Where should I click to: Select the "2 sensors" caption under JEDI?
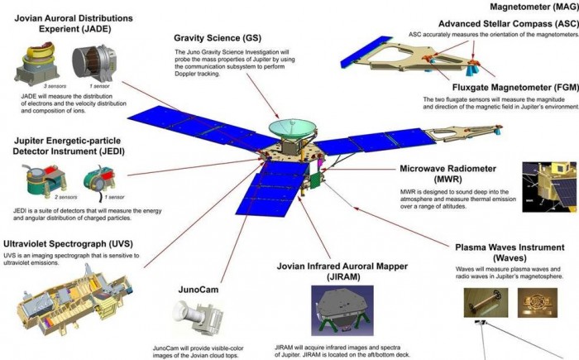pyautogui.click(x=37, y=198)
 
